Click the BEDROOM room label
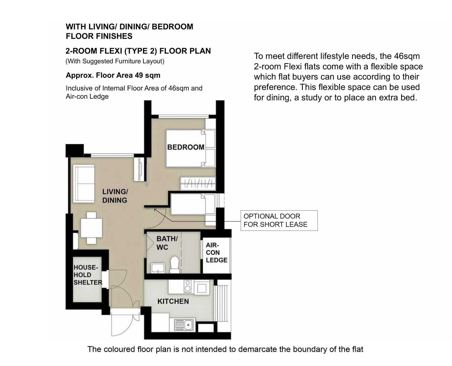(x=186, y=147)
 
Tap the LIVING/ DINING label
(x=115, y=196)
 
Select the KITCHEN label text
(x=173, y=301)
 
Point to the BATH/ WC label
(x=167, y=243)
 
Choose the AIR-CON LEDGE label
(x=216, y=253)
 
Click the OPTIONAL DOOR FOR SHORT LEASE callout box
(x=279, y=220)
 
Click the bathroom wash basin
(x=158, y=268)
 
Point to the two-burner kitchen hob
(x=188, y=286)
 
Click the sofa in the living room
(x=84, y=184)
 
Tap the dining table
(x=91, y=228)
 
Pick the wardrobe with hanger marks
(x=198, y=183)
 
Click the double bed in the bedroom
(x=191, y=148)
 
